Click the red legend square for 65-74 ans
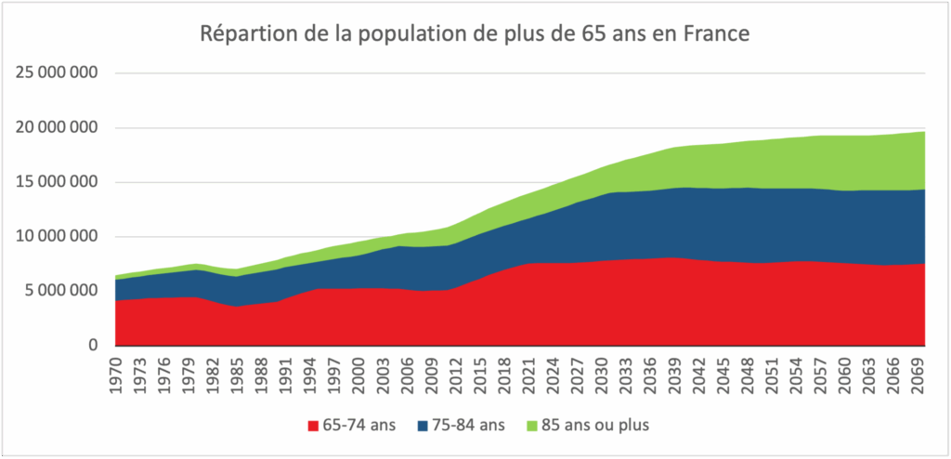tap(313, 426)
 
